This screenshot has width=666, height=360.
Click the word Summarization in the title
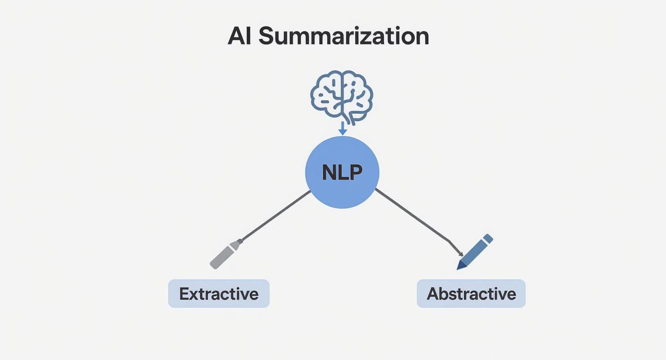click(344, 37)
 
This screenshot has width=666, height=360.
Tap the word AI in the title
click(240, 36)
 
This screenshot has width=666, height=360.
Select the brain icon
click(342, 95)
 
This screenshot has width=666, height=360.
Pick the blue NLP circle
click(342, 172)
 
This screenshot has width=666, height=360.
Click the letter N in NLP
click(329, 173)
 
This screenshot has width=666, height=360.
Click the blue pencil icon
click(475, 252)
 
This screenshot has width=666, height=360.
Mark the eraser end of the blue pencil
click(488, 238)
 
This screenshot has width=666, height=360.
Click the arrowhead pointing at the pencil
click(460, 253)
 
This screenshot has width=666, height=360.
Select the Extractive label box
click(219, 293)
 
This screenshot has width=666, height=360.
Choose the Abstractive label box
click(471, 293)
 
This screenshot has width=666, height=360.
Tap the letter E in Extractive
click(184, 293)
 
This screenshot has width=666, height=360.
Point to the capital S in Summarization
click(267, 37)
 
